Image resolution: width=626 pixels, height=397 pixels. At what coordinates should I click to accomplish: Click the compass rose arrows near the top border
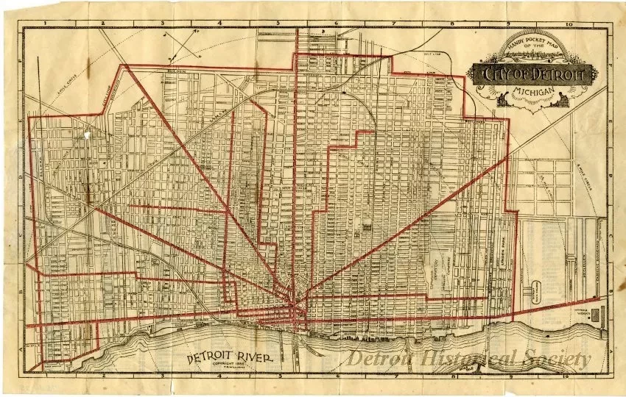(x=179, y=45)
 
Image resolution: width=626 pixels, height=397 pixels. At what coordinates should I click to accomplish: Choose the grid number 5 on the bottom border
(x=281, y=376)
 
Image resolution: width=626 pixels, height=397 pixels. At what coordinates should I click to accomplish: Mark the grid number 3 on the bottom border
(x=161, y=376)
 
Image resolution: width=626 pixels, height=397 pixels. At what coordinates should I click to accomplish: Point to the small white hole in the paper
(x=88, y=135)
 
